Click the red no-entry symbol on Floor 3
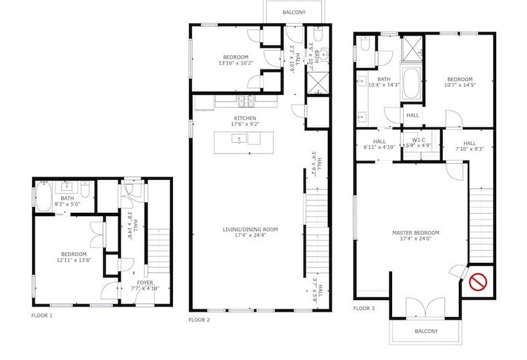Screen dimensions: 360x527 point(477,281)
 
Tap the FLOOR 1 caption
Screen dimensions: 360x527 point(42,316)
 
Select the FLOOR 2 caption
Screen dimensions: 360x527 point(199,319)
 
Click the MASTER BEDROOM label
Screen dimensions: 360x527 point(416,233)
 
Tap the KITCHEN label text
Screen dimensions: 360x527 point(244,118)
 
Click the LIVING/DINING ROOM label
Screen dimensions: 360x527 point(246,230)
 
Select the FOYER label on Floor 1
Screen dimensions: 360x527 point(145,282)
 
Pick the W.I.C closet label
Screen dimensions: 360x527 point(419,141)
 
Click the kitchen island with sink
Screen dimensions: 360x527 point(244,139)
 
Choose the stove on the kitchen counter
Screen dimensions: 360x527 point(245,102)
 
